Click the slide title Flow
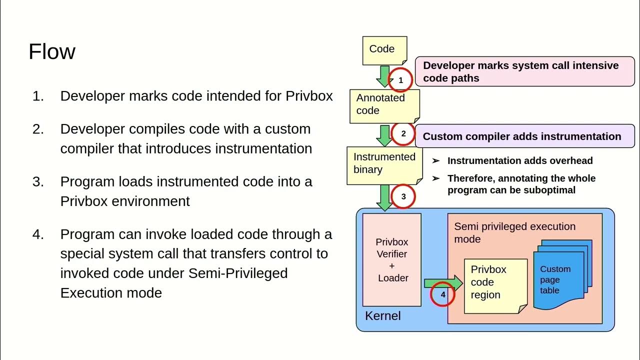click(x=52, y=51)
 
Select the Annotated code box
click(x=382, y=105)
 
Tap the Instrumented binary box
click(x=384, y=163)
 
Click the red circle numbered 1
click(x=400, y=80)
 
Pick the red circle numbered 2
click(x=403, y=134)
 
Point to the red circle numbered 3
click(x=404, y=196)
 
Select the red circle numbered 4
click(x=442, y=294)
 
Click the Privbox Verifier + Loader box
click(x=391, y=259)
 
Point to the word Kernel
click(x=382, y=316)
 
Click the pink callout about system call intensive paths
click(x=524, y=71)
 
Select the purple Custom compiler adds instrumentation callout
click(x=524, y=136)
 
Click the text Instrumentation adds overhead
click(x=520, y=160)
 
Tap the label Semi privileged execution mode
click(x=514, y=232)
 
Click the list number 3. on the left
click(x=38, y=181)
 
